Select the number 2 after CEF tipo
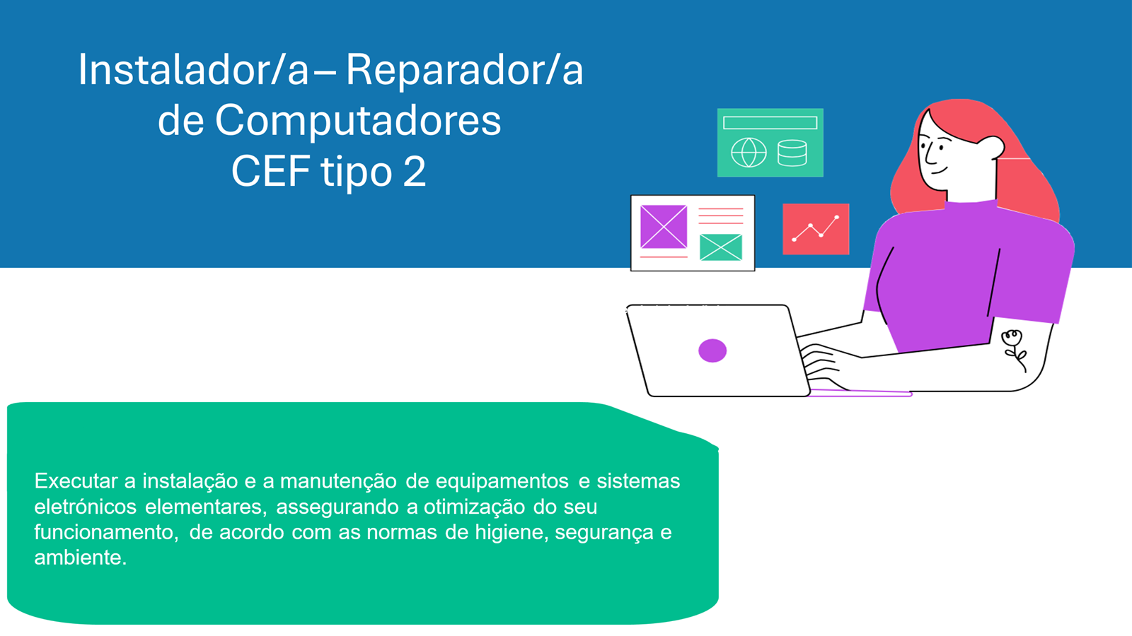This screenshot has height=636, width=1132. pyautogui.click(x=415, y=172)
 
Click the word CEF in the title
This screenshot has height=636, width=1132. pyautogui.click(x=270, y=172)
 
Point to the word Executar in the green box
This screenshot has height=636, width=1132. pyautogui.click(x=76, y=481)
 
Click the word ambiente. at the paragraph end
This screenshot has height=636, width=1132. pyautogui.click(x=81, y=558)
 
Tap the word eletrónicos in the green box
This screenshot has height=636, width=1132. pyautogui.click(x=86, y=507)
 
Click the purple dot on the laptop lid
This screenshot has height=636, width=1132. pyautogui.click(x=712, y=351)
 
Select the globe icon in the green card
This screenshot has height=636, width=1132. pyautogui.click(x=749, y=153)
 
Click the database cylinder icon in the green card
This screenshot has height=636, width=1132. pyautogui.click(x=792, y=153)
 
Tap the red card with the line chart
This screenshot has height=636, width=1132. pyautogui.click(x=816, y=229)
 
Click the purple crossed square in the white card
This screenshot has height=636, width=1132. pyautogui.click(x=664, y=227)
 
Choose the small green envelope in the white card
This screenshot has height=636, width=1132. pyautogui.click(x=721, y=247)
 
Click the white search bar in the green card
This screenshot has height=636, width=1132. pyautogui.click(x=770, y=123)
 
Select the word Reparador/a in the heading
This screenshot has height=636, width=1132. pyautogui.click(x=464, y=70)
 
